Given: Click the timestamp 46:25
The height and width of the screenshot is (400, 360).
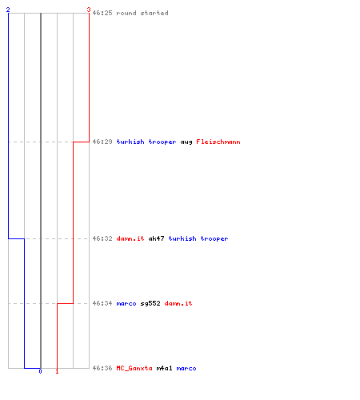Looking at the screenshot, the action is point(102,13).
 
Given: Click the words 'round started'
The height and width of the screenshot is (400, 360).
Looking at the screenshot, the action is point(142,13).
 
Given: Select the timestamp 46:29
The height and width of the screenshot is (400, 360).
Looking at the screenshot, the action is point(102,142).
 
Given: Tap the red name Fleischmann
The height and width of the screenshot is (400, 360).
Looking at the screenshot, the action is point(218,142).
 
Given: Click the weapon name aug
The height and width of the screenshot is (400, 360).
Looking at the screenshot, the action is point(186,142).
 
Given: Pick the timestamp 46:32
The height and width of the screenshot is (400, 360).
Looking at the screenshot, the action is point(102,238).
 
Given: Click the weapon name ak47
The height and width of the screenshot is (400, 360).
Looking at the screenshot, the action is point(156,238).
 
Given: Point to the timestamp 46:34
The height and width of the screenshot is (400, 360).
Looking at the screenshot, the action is point(102,303).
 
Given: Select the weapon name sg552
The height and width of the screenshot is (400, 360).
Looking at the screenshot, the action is point(150,303).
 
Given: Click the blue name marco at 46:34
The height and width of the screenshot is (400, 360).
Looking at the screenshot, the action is point(126,303).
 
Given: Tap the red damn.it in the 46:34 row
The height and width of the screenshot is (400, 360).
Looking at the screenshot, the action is point(178,303).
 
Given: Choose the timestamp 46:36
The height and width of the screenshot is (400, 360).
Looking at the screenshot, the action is point(102,368).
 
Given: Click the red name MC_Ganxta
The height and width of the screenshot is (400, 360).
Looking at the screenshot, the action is point(134,368).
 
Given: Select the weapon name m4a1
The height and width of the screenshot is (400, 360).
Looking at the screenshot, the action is point(164,368).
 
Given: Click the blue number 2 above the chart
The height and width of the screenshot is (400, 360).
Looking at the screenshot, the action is point(8,10).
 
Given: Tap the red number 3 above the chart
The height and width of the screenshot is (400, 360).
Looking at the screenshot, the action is point(89,10).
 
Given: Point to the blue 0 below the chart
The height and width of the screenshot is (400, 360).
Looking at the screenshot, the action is point(40,371).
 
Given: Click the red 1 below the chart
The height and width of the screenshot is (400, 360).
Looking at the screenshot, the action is point(57,371).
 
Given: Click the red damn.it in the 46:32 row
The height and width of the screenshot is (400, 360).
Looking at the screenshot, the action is point(130,238).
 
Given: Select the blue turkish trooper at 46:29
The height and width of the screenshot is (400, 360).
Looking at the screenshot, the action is point(146,142).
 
